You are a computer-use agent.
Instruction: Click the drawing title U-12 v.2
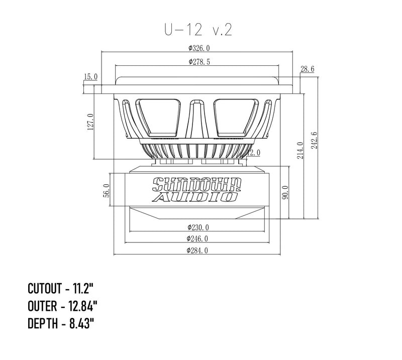tap(196, 30)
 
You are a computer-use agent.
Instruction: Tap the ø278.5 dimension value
tap(199, 62)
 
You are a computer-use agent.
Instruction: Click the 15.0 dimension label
tap(91, 77)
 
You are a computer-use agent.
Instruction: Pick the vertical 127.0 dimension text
tap(90, 122)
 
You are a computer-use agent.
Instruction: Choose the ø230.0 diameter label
tap(197, 227)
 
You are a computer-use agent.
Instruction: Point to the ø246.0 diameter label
tap(197, 238)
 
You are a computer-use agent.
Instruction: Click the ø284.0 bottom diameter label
tap(197, 250)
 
